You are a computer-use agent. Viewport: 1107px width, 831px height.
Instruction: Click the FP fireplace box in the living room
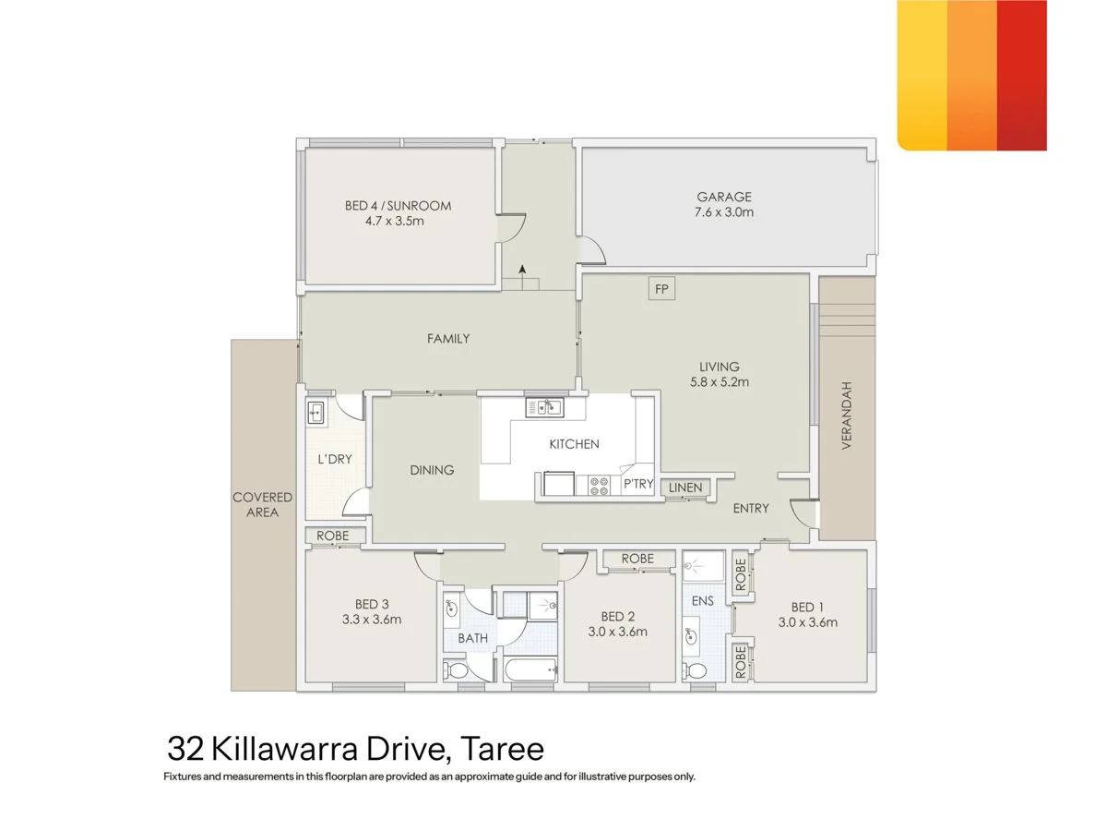(661, 289)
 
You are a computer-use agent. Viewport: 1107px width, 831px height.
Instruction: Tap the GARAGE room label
(724, 197)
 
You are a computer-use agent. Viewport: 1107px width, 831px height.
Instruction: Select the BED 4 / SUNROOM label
(398, 205)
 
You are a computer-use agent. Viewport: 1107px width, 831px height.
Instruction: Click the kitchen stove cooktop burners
(598, 485)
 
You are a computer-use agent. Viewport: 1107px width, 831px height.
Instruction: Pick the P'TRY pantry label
(638, 484)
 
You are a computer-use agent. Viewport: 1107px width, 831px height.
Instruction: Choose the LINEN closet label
(684, 488)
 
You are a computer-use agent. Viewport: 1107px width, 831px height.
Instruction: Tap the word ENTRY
(750, 508)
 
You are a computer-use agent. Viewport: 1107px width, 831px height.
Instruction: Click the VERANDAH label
(846, 415)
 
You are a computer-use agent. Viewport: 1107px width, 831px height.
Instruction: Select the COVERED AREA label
(262, 504)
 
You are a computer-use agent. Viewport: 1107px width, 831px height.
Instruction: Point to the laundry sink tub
(316, 412)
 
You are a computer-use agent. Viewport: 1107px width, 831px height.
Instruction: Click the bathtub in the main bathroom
(530, 670)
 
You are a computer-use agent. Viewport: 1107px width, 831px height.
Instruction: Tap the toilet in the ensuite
(696, 671)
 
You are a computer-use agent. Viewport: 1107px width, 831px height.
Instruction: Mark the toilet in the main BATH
(456, 671)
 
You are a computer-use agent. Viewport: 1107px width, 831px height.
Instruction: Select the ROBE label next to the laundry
(332, 536)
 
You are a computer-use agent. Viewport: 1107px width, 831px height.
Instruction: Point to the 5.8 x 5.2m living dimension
(720, 382)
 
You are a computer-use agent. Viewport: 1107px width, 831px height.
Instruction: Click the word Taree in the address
(503, 749)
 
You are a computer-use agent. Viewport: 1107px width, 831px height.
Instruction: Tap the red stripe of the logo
(1022, 75)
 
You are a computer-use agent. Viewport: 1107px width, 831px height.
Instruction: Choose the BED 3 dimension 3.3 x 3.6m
(372, 619)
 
